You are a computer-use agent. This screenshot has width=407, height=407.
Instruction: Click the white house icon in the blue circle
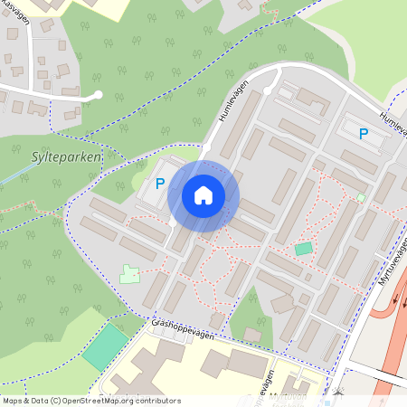203,195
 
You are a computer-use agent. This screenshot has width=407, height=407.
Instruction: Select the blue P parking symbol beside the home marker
160,184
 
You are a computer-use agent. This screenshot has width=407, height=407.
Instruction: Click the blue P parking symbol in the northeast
364,135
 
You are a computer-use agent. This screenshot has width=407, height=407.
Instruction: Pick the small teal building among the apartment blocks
303,248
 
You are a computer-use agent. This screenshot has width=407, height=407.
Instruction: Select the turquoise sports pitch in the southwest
105,347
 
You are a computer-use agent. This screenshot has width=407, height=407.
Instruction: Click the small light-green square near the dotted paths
361,197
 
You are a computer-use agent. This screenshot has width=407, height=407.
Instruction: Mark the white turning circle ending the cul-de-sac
97,94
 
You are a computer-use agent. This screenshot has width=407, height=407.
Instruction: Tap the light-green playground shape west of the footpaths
130,272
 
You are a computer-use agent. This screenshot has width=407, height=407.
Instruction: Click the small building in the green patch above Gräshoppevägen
252,336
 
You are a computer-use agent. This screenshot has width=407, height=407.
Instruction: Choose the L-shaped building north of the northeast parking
313,97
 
